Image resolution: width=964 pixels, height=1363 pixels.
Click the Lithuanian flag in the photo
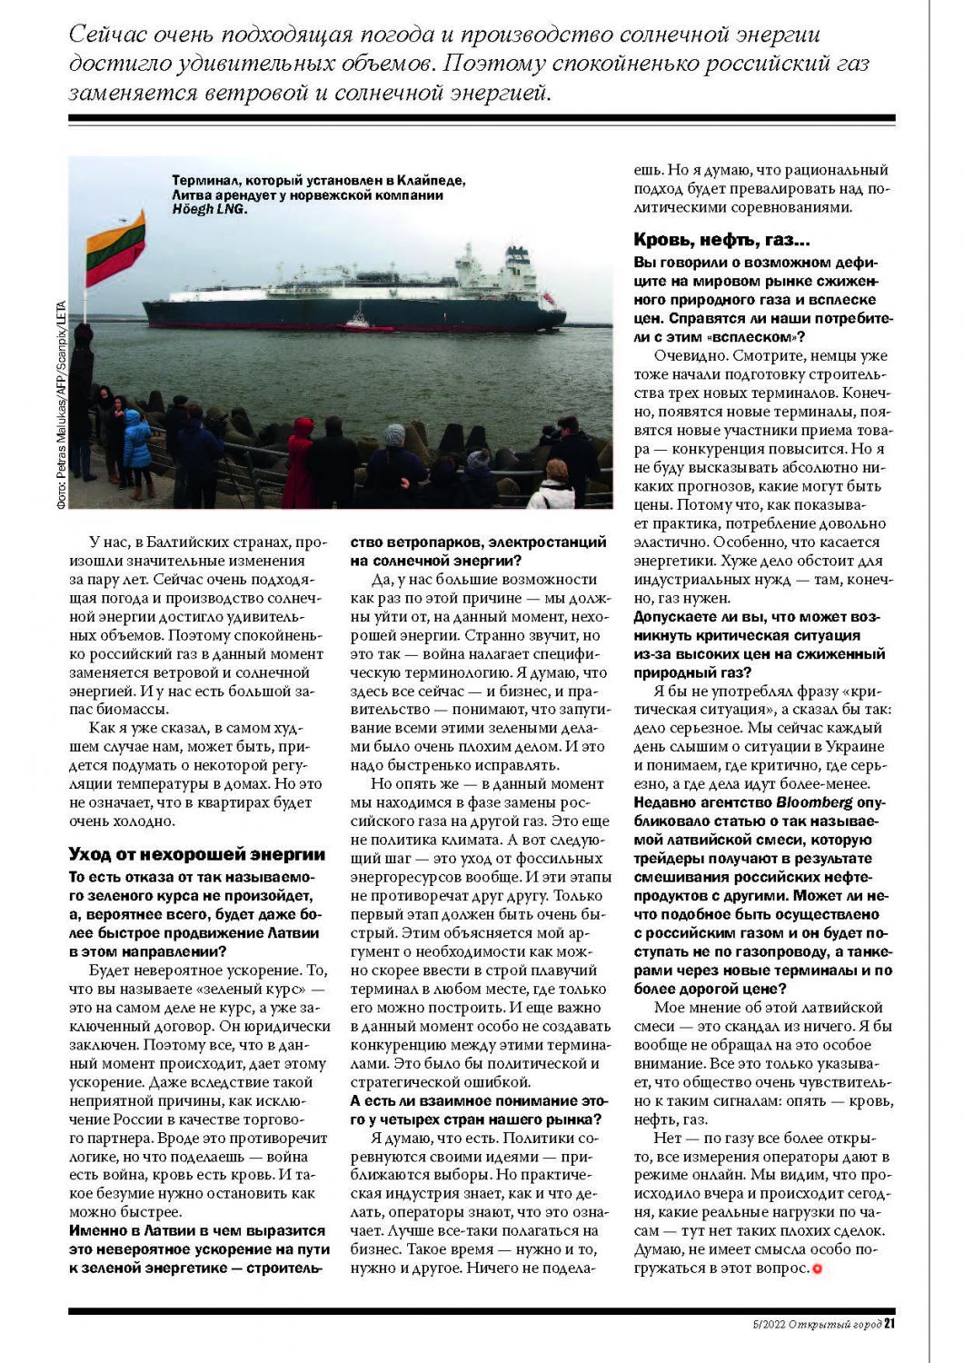point(115,248)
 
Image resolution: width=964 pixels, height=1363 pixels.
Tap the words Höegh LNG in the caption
point(209,209)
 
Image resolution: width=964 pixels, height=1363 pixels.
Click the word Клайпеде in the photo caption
point(427,180)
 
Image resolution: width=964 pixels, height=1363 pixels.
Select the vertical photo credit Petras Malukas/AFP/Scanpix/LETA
point(61,410)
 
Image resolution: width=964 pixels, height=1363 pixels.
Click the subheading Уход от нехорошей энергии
point(196,854)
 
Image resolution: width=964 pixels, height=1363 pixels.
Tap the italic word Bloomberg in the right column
point(814,802)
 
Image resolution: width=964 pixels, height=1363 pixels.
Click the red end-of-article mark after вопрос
point(817,1268)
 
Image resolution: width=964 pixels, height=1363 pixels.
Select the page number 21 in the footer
point(889,1324)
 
